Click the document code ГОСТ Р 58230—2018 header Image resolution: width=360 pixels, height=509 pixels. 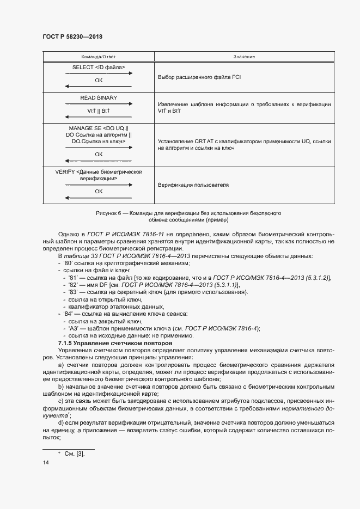72,36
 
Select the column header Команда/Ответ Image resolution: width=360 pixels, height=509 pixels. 99,57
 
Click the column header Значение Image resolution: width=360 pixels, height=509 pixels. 245,57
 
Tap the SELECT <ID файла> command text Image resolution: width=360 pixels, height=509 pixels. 99,68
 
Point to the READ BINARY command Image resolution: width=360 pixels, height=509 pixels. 99,98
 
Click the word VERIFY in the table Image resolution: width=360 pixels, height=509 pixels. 66,171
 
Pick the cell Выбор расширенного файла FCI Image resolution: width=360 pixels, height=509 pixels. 199,77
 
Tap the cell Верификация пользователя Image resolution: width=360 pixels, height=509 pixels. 193,185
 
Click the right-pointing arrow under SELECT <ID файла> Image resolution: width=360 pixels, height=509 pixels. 99,73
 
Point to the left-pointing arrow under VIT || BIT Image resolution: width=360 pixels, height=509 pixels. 99,117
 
